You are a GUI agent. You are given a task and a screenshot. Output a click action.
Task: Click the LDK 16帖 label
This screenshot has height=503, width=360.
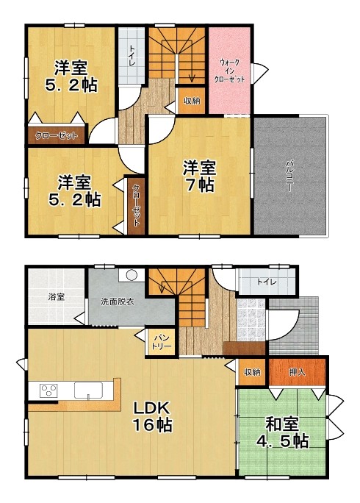tap(152, 416)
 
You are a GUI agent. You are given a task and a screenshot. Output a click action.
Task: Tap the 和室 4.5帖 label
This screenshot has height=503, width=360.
tap(282, 432)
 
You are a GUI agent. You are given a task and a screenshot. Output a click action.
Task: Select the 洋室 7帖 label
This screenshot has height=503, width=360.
tap(199, 176)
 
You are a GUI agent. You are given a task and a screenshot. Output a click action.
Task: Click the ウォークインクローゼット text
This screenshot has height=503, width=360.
tap(229, 71)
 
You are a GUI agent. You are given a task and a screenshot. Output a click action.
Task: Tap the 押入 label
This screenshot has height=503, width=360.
tap(297, 372)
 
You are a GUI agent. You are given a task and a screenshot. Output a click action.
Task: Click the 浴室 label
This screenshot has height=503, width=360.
tap(57, 297)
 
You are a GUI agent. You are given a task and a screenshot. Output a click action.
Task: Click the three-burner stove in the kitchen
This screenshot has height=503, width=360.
tap(48, 390)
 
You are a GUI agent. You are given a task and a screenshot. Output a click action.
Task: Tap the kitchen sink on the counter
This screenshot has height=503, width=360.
tap(89, 390)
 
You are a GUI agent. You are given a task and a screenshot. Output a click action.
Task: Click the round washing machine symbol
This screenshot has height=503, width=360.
tap(132, 275)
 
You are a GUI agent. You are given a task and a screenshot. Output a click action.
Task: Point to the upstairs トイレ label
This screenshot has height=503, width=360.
tap(132, 56)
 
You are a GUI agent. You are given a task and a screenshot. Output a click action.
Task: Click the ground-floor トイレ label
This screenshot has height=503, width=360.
tap(267, 282)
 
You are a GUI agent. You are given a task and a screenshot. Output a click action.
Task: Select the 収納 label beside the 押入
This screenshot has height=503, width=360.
tap(252, 372)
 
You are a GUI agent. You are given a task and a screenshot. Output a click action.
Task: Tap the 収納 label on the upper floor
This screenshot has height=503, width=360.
tap(192, 101)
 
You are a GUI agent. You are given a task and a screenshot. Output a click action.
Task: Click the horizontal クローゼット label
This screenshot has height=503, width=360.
tap(57, 136)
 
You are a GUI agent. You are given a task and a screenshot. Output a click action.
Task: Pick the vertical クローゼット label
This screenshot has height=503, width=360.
tap(136, 205)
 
